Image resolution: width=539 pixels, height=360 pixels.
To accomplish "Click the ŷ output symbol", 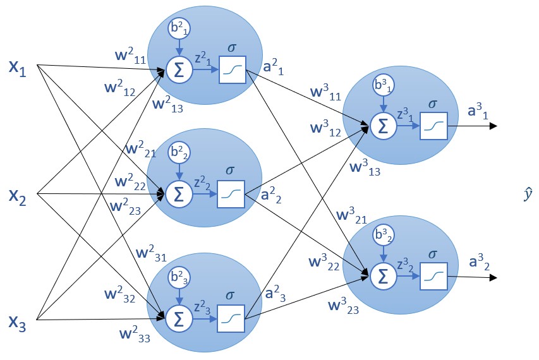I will click(528, 195).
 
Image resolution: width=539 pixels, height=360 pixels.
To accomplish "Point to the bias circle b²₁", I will click(179, 29).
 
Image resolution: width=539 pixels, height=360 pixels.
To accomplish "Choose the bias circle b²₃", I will click(179, 277).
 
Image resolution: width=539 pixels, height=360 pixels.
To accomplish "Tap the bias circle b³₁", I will click(383, 85).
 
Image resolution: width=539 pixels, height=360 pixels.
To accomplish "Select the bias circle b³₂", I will click(383, 235).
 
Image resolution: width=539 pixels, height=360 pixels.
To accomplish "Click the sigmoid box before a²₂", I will click(231, 193).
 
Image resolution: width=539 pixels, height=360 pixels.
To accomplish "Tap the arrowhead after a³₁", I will click(493, 126).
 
